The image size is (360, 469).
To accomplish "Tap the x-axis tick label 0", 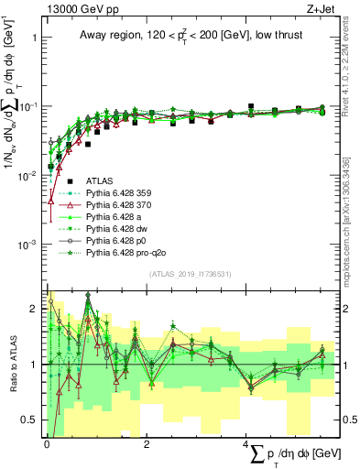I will (46, 444).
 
